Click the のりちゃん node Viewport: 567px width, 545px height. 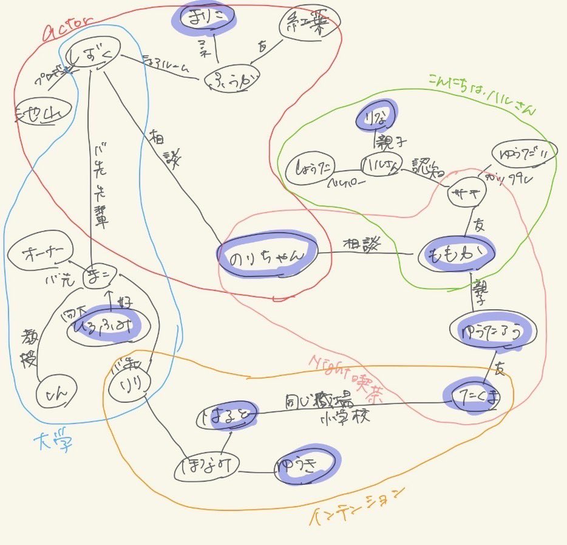click(268, 256)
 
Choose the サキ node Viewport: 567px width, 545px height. click(467, 194)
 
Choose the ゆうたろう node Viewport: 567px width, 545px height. click(493, 332)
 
